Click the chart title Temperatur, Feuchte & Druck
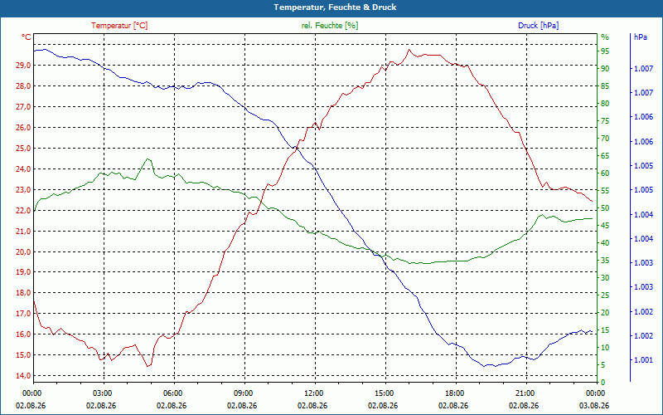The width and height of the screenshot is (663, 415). coord(335,7)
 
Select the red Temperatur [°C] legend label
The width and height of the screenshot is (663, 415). coord(119,26)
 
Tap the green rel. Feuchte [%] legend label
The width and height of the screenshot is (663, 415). coord(330,26)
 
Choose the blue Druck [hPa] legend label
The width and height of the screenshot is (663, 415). coord(538,26)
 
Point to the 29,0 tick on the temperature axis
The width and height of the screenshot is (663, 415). coord(23,66)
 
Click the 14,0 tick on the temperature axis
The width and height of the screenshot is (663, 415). coord(23,376)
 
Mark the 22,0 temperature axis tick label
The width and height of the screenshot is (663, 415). coord(23,211)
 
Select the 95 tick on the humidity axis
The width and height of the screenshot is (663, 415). coord(606,51)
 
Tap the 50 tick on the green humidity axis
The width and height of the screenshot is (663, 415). coord(606,208)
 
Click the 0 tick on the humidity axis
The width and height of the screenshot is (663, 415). coord(603,382)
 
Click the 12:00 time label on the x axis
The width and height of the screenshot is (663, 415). coord(314,393)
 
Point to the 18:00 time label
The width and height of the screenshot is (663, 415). coord(454,393)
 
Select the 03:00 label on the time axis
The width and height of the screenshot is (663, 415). coord(102,393)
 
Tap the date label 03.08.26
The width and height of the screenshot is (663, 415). coord(594,405)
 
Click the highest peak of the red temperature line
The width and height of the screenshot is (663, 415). coord(409,50)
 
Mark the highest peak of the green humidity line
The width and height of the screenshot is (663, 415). coord(148,159)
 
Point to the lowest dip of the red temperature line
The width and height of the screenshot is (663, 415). coord(148,366)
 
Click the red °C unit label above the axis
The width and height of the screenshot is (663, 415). coord(27,37)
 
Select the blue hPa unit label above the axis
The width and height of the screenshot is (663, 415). coord(640,37)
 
